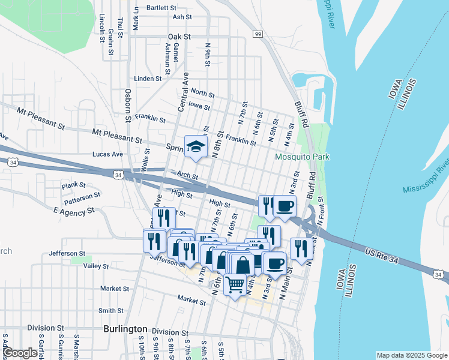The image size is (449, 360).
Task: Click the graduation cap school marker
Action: pyautogui.click(x=195, y=147)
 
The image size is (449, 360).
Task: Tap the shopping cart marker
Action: pyautogui.click(x=235, y=283)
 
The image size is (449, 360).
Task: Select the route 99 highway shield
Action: pyautogui.click(x=258, y=35)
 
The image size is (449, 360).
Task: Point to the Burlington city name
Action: pyautogui.click(x=125, y=329)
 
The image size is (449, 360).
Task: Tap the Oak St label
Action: pyautogui.click(x=179, y=37)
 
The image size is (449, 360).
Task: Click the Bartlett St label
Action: pyautogui.click(x=161, y=8)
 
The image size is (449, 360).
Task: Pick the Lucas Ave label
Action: pyautogui.click(x=107, y=154)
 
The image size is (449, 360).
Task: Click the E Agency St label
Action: pyautogui.click(x=74, y=211)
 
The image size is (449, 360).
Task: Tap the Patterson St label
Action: pyautogui.click(x=82, y=196)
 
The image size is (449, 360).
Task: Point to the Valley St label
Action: pyautogui.click(x=96, y=266)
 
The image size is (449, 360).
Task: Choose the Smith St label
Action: pyautogui.click(x=110, y=311)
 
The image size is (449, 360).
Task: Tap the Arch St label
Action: pyautogui.click(x=187, y=176)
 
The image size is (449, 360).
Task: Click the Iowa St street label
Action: pyautogui.click(x=199, y=107)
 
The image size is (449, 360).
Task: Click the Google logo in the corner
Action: pyautogui.click(x=19, y=353)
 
